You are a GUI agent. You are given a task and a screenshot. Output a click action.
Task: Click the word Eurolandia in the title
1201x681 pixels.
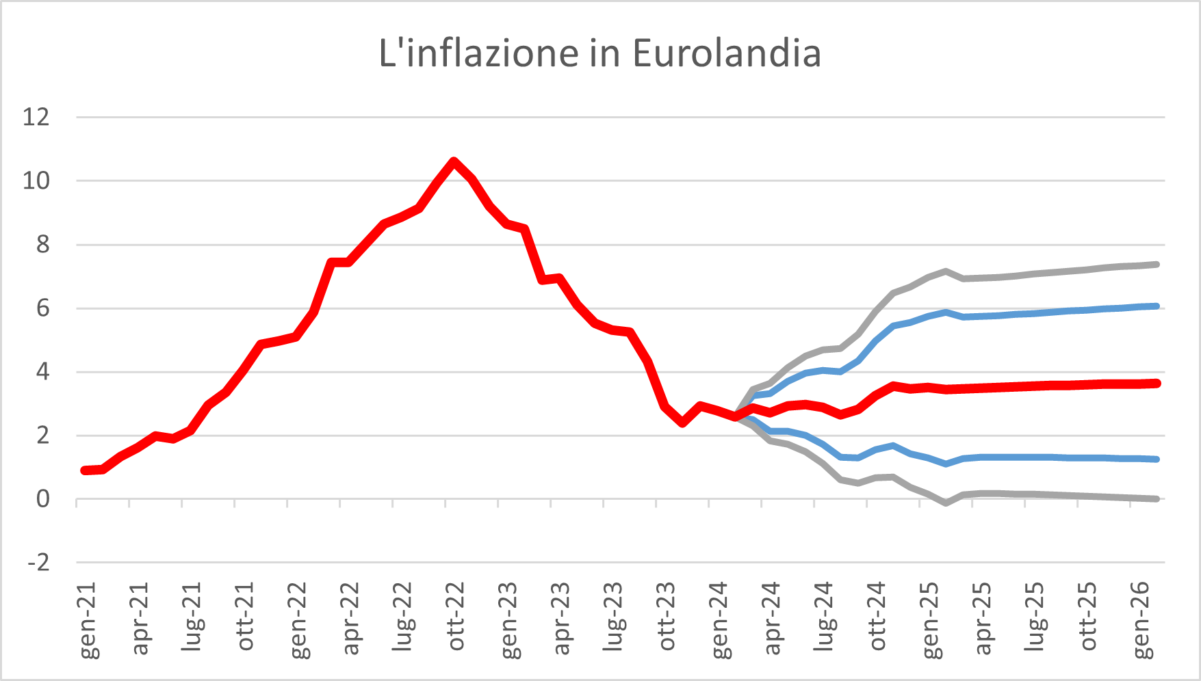726,53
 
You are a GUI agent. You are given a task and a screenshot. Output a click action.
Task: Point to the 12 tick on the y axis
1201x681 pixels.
36,117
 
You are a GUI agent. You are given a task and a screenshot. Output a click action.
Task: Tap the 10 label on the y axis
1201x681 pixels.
36,181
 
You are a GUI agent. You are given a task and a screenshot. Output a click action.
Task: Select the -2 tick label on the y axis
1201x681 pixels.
38,563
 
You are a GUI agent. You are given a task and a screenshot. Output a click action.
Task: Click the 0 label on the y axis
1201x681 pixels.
42,499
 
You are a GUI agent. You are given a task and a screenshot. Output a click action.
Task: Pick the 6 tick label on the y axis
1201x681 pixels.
42,308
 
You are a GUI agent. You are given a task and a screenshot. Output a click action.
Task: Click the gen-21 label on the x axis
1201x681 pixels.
88,620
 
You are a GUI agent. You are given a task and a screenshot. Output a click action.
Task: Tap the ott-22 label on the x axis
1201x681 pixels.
456,617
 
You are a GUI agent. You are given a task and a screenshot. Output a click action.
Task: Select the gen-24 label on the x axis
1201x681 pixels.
720,620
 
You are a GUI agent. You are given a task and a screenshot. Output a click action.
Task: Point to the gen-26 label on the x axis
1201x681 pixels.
1141,620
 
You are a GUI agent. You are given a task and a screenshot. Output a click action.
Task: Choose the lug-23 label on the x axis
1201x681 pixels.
615,617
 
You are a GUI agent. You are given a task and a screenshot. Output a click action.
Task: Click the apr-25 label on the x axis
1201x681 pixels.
983,617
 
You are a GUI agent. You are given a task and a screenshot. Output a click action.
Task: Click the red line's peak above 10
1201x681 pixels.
454,161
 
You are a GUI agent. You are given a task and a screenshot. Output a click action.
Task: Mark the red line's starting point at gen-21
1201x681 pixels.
84,470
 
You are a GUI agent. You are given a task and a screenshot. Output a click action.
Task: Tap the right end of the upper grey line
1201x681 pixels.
1156,264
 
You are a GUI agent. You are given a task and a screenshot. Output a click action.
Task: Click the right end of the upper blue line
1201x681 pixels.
1156,306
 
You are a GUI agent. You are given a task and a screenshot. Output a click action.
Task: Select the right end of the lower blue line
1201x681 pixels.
1156,459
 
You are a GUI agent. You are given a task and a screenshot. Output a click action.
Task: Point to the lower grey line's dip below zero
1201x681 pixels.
946,503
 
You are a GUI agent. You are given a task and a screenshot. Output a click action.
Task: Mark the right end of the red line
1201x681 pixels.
1156,384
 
